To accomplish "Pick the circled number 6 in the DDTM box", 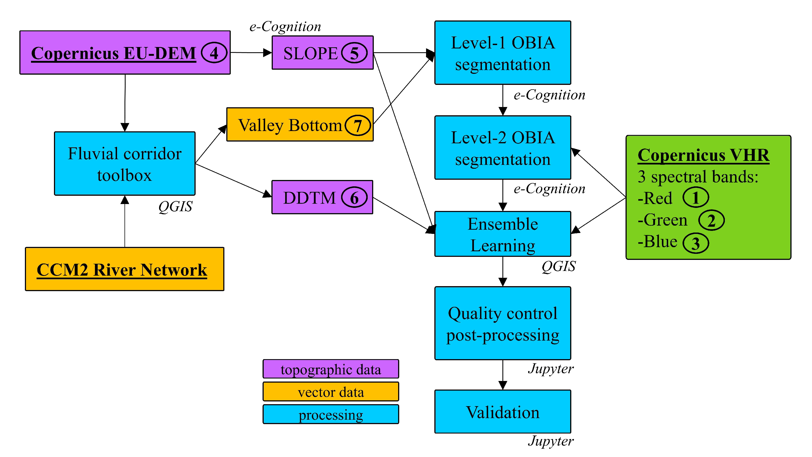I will pos(354,197).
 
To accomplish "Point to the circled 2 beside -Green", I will pos(711,220).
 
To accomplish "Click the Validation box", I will pos(502,412).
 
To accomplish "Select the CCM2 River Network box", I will pos(124,269).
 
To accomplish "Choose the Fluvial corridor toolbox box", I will pos(124,164).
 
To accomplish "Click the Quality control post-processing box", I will pos(502,323).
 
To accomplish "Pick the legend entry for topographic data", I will pos(331,369).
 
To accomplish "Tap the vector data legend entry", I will pos(331,392).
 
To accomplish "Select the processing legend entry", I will pos(331,414).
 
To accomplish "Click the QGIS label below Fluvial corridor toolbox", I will pos(175,207).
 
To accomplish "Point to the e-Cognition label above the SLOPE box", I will pos(285,27).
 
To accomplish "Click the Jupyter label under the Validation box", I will pos(550,441).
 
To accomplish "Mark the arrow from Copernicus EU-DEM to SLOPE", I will pos(251,53).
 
